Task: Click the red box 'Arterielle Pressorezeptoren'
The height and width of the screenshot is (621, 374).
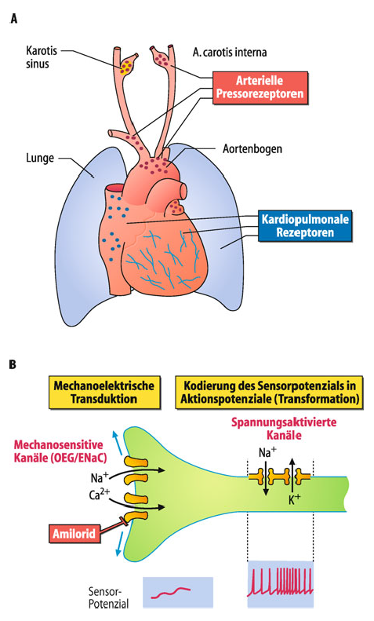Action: click(x=260, y=87)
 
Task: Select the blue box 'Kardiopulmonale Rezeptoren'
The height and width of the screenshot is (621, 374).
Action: click(x=305, y=225)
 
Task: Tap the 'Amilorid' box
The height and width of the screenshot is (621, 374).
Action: click(x=74, y=534)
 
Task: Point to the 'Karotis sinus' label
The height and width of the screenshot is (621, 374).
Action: click(x=42, y=57)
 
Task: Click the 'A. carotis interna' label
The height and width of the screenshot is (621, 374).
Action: click(x=230, y=52)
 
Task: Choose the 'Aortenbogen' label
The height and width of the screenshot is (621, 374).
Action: click(x=252, y=149)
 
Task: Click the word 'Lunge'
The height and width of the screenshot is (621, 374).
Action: click(x=40, y=158)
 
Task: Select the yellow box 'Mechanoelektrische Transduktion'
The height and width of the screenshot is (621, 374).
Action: click(x=104, y=392)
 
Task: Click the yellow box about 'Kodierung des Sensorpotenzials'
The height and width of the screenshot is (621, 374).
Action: click(x=269, y=392)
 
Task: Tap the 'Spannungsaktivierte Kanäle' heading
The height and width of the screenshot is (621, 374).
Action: click(x=284, y=428)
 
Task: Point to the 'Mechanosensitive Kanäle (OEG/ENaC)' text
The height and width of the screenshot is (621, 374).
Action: click(x=60, y=451)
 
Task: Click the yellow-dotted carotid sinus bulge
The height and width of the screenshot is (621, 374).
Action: click(x=127, y=68)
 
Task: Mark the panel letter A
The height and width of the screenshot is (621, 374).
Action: click(x=14, y=18)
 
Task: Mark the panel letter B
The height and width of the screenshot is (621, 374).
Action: click(x=13, y=364)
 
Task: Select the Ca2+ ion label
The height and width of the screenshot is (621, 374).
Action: click(x=100, y=494)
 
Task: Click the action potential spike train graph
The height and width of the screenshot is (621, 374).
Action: click(x=280, y=584)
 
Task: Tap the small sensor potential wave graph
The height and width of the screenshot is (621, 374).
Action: click(x=178, y=593)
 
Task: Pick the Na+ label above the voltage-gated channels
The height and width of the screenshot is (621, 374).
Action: click(x=267, y=452)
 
